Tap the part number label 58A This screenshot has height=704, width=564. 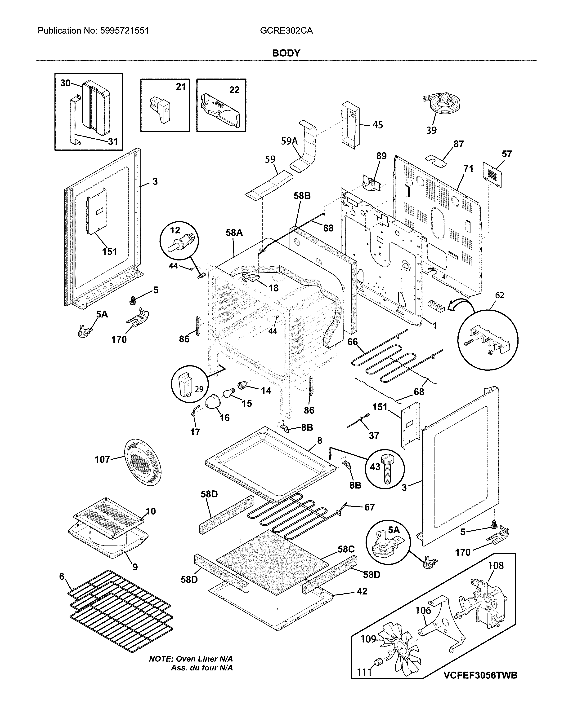click(234, 233)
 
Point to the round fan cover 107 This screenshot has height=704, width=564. click(143, 463)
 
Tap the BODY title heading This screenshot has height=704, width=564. click(286, 53)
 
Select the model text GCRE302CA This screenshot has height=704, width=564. click(286, 31)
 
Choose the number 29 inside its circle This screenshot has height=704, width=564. click(199, 389)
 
